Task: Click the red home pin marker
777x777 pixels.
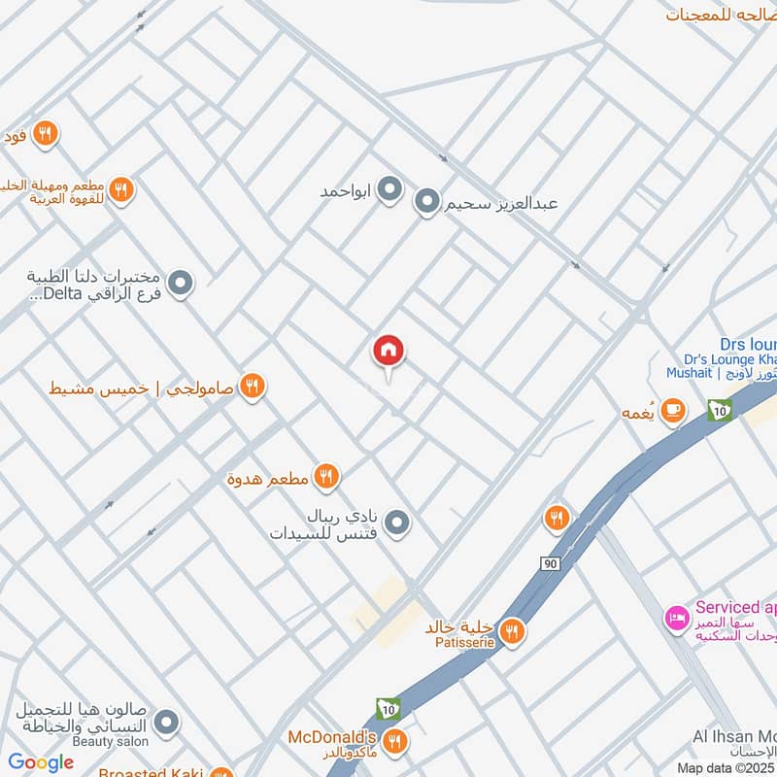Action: click(388, 352)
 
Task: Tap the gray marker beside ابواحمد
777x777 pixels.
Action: click(389, 189)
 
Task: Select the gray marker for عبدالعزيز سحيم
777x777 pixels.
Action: click(426, 203)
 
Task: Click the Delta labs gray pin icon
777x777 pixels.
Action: click(181, 284)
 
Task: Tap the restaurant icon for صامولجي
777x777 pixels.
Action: click(253, 387)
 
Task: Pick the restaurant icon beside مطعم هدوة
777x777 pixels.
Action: click(326, 476)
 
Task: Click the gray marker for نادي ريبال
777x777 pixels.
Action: click(396, 524)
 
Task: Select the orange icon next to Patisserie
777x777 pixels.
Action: click(513, 632)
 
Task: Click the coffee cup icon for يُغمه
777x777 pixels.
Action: click(671, 412)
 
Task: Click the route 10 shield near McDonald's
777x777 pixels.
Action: click(389, 709)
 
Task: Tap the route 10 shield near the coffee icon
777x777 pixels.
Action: click(719, 411)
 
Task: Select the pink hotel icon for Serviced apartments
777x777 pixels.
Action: click(676, 618)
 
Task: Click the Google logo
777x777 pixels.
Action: click(41, 762)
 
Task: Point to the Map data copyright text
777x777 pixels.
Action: click(726, 767)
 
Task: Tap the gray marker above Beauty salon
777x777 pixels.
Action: click(167, 722)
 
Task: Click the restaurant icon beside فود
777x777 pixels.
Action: click(45, 134)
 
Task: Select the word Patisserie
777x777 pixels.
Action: click(460, 642)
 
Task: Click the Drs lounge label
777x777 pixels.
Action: click(748, 344)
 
